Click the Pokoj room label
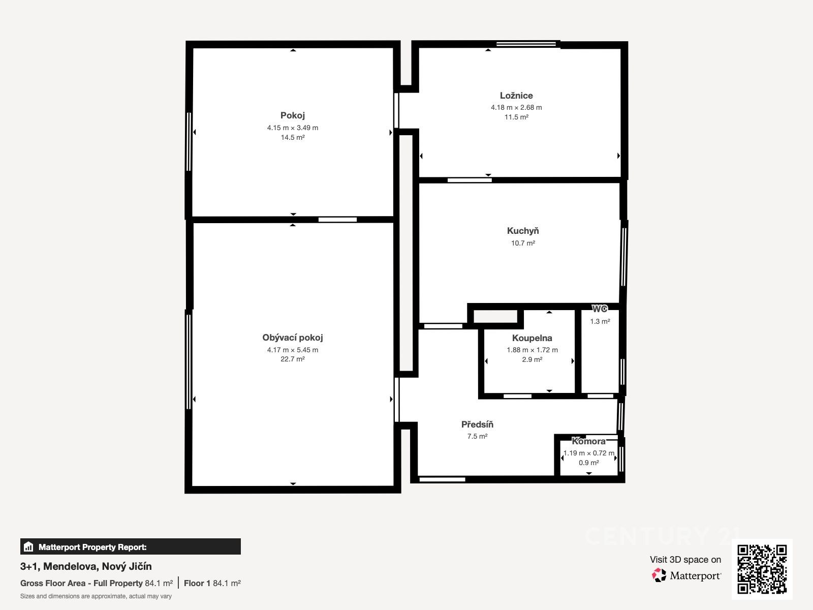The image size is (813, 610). point(293,115)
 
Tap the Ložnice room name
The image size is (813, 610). point(516,96)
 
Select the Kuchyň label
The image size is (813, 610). point(523,231)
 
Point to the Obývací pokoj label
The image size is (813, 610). point(293,338)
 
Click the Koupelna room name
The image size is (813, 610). point(532,338)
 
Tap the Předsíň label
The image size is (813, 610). point(477,424)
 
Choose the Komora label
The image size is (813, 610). point(588,441)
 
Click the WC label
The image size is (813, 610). point(600,309)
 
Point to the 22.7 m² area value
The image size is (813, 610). point(293,359)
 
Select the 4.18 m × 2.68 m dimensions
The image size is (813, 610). point(516,107)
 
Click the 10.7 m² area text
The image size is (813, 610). point(523,243)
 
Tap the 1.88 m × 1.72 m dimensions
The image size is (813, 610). point(532,350)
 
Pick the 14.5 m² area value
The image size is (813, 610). point(293,137)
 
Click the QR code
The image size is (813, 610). point(762,569)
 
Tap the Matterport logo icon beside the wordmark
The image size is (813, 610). point(659,575)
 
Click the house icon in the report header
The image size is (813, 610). point(28,546)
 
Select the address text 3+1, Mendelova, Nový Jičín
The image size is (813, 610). point(86,566)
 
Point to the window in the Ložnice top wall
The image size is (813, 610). point(526,44)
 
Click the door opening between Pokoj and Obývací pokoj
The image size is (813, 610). point(337,220)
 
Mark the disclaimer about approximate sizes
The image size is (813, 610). point(96,596)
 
